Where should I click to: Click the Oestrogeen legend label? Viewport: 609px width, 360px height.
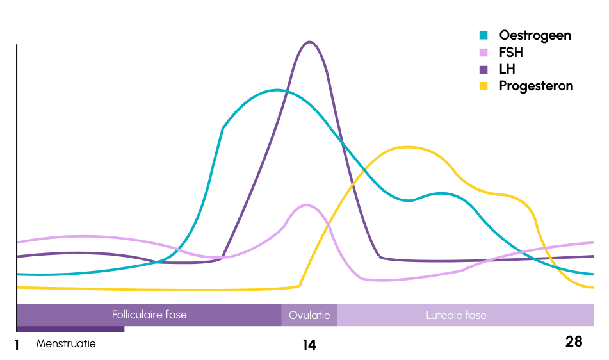[x=535, y=35]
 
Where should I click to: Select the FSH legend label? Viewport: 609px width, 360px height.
[x=511, y=53]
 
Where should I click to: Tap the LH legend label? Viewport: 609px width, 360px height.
[x=507, y=69]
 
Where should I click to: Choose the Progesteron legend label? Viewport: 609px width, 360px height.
[x=536, y=86]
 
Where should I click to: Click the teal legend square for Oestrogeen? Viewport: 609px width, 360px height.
[x=484, y=35]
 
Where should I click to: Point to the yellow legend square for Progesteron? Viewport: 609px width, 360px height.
[x=484, y=86]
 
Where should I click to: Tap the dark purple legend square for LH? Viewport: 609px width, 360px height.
[x=484, y=69]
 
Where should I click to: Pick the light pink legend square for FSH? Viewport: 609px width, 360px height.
[x=484, y=53]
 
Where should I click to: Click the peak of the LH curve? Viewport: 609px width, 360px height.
[x=310, y=42]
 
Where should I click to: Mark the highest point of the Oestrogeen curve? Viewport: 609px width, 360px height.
[x=277, y=90]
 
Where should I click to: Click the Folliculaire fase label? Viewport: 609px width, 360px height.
[x=149, y=315]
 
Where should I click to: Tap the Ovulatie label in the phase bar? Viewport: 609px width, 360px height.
[x=309, y=315]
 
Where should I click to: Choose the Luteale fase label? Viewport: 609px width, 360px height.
[x=456, y=315]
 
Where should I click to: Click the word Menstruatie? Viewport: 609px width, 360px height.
[x=66, y=343]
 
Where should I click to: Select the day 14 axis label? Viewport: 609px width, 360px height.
[x=309, y=345]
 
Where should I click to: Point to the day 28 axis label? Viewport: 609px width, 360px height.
[x=574, y=341]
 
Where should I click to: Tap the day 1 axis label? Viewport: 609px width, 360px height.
[x=17, y=345]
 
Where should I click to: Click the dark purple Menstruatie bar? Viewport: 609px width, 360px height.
[x=70, y=329]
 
